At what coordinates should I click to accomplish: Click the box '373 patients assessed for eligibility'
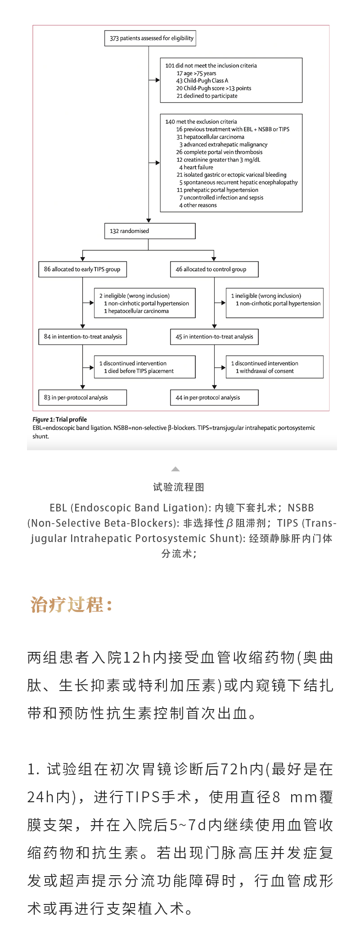coord(150,38)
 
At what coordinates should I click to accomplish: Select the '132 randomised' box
coord(150,231)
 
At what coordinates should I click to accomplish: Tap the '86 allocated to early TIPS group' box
coord(82,269)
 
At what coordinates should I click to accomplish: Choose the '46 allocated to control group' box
coord(214,269)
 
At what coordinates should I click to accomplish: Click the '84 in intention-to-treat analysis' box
coord(82,337)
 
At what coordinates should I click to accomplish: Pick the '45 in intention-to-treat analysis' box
coord(214,337)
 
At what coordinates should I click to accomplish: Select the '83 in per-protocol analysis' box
coord(82,398)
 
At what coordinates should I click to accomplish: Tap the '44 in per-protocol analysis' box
coord(214,398)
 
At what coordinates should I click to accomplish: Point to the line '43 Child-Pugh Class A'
coord(202,81)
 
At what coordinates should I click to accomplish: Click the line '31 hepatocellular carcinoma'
coord(210,137)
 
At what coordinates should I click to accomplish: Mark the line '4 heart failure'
coord(196,167)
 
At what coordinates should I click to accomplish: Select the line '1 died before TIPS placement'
coord(139,371)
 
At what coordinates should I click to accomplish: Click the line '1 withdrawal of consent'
coord(265,371)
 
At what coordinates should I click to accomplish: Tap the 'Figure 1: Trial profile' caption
coord(59,419)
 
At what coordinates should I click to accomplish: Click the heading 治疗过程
coord(71,605)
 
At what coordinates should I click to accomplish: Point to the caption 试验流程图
coord(179,487)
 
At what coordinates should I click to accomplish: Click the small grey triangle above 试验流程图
coord(175,469)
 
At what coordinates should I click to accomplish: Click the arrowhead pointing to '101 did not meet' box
coord(157,80)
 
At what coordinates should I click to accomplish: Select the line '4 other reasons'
coord(198,205)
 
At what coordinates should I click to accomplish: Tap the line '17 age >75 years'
coord(196,73)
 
